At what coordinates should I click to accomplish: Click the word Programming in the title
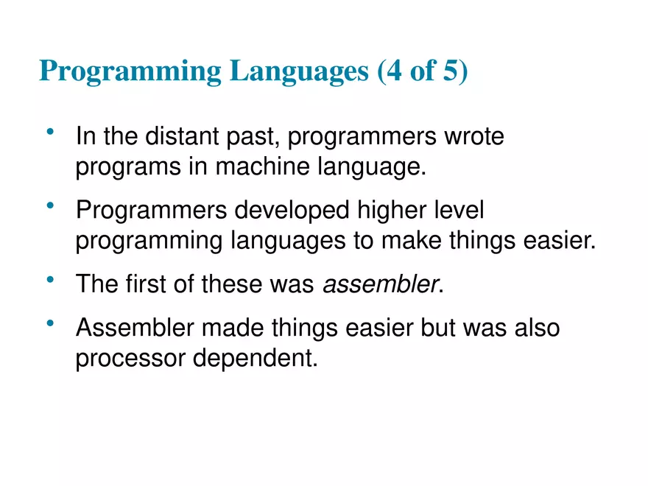pyautogui.click(x=130, y=71)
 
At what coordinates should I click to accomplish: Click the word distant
pyautogui.click(x=183, y=137)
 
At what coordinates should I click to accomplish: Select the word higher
pyautogui.click(x=397, y=211)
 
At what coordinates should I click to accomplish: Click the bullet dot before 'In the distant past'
pyautogui.click(x=50, y=133)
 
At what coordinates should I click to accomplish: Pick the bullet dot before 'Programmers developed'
pyautogui.click(x=50, y=207)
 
